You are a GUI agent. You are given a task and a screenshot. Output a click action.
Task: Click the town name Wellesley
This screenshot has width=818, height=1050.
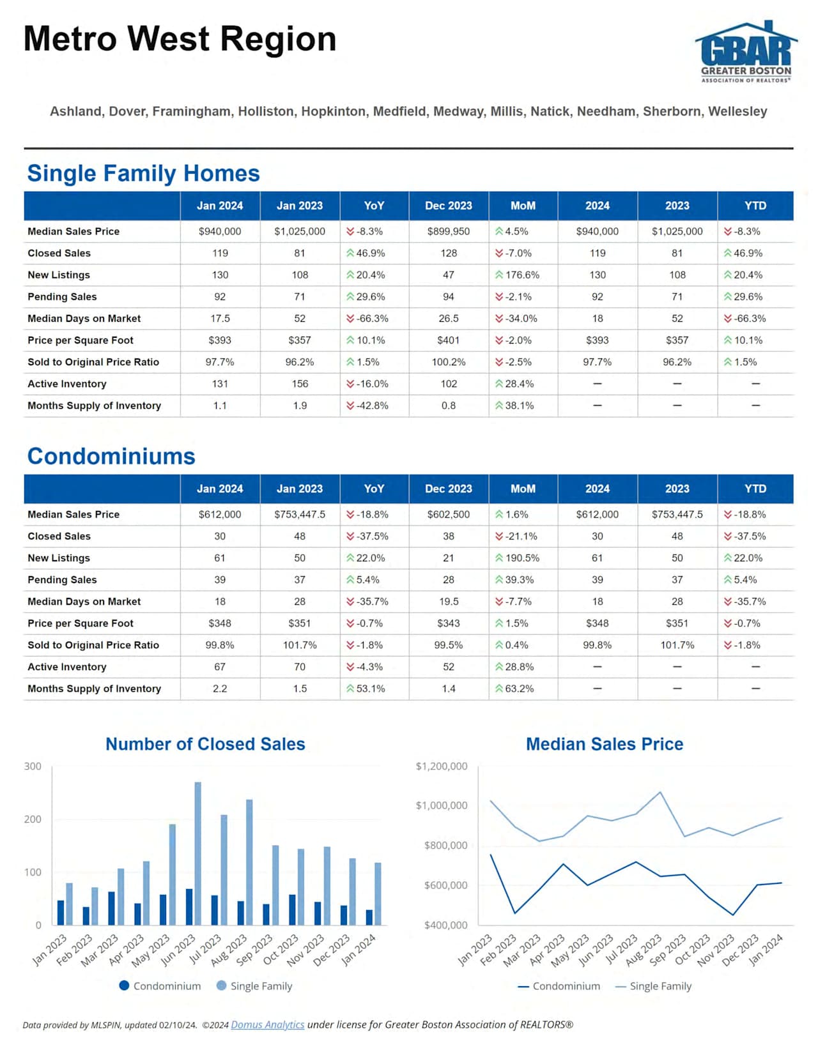click(x=737, y=111)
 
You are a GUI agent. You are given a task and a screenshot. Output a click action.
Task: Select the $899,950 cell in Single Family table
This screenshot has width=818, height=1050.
click(x=449, y=231)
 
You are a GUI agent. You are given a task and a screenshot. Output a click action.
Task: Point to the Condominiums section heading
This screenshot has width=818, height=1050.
click(x=111, y=456)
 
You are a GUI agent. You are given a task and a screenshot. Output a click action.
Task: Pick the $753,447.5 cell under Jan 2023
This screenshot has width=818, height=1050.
click(x=300, y=514)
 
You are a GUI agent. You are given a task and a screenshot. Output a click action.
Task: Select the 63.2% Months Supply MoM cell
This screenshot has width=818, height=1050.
click(x=515, y=689)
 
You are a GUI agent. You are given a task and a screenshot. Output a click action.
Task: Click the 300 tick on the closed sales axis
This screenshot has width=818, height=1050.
click(x=33, y=766)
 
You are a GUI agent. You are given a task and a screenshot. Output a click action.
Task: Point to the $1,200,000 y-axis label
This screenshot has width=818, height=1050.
click(x=442, y=766)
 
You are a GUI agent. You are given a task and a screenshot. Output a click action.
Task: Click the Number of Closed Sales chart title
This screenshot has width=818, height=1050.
click(x=205, y=744)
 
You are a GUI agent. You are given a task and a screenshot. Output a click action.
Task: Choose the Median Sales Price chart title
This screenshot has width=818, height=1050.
click(x=605, y=744)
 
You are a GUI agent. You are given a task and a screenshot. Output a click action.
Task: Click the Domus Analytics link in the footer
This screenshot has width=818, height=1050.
click(x=267, y=1024)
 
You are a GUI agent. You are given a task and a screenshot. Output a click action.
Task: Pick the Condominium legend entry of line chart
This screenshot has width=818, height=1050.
click(x=559, y=986)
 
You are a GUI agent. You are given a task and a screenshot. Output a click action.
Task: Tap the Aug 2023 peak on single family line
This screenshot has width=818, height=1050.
click(x=660, y=793)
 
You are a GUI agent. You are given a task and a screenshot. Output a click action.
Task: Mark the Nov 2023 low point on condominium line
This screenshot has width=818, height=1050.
click(x=733, y=915)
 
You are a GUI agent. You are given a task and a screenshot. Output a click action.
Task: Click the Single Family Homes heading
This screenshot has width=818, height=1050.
click(x=143, y=173)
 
